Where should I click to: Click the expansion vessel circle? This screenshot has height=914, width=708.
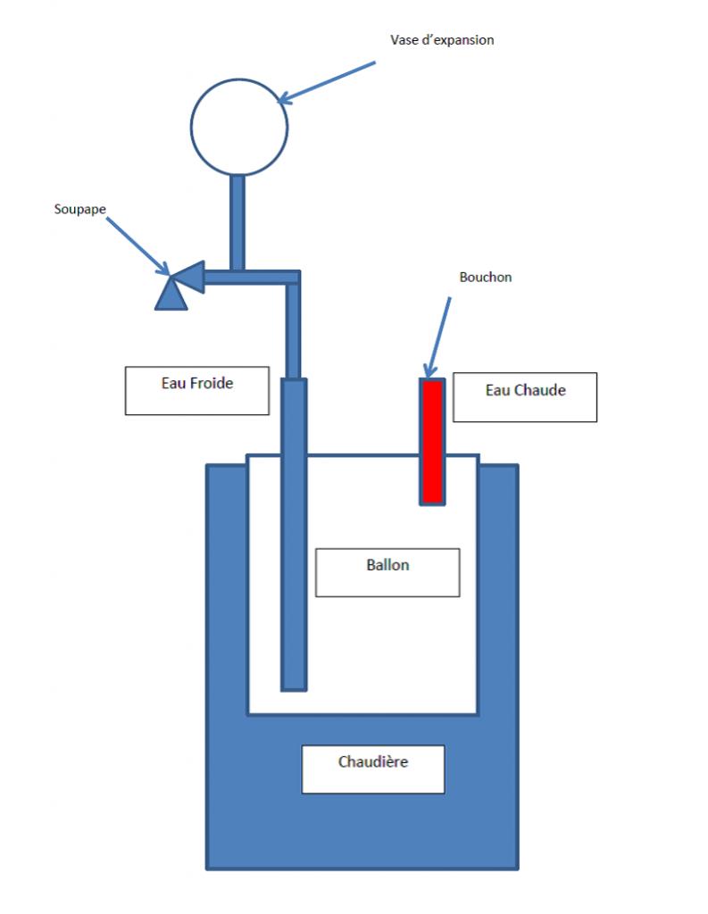point(239,126)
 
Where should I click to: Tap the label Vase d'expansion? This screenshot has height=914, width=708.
point(442,40)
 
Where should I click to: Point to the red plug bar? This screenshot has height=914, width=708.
point(433,441)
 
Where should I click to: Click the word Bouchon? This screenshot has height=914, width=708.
point(486,277)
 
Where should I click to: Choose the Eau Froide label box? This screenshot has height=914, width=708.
point(196,390)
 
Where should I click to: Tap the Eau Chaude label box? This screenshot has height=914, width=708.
point(524,397)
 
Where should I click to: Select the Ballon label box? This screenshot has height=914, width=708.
point(387,572)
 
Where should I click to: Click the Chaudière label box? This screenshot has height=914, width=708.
point(373,769)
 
